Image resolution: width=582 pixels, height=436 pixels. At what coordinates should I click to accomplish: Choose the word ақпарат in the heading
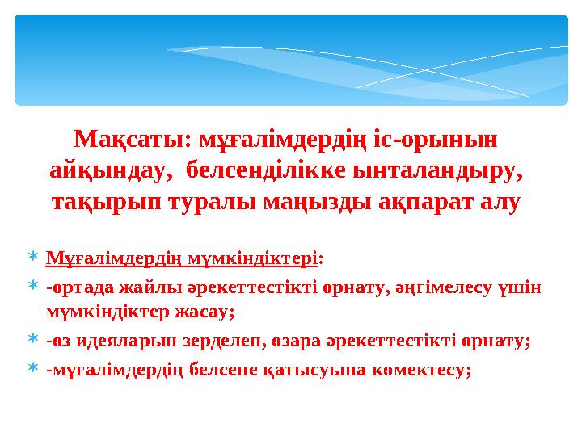tap(429, 202)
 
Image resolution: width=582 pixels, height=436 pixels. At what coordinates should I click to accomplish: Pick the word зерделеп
tap(210, 340)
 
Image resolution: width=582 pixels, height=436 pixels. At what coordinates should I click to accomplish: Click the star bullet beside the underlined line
tap(32, 258)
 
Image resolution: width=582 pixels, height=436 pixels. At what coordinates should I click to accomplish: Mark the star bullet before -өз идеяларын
tap(32, 339)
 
